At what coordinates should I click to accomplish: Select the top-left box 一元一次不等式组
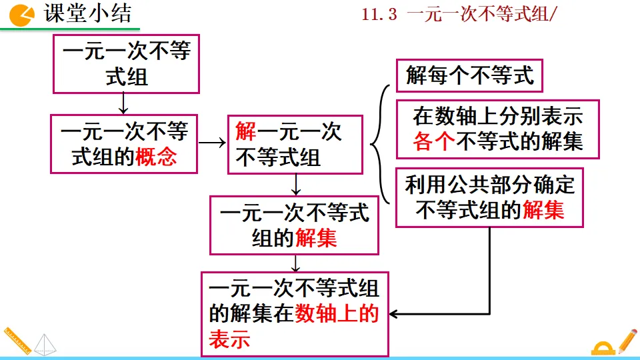(x=127, y=64)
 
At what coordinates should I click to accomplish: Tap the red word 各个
(x=434, y=141)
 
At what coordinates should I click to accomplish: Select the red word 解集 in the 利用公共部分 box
(x=543, y=210)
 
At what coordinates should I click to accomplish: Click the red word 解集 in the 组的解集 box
(x=317, y=238)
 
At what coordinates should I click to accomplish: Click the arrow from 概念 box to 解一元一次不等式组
(x=213, y=143)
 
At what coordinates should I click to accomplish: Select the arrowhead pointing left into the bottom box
(x=394, y=313)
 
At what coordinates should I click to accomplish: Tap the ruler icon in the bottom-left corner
(x=16, y=342)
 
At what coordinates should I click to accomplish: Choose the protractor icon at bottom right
(x=604, y=348)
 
